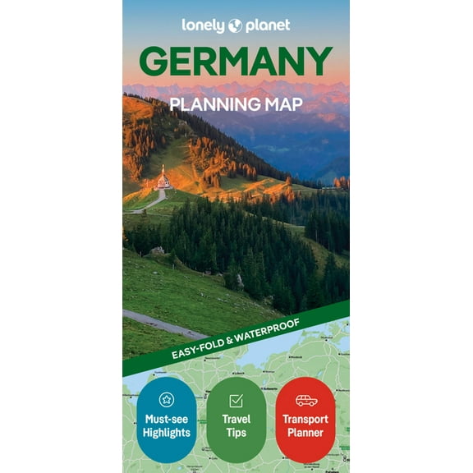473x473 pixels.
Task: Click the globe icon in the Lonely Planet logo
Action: tap(236, 25)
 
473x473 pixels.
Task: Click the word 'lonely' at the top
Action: tap(204, 25)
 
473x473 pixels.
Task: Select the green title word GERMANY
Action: tap(236, 62)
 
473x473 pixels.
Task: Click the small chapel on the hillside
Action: tap(163, 179)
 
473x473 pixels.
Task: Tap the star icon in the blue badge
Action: tap(167, 400)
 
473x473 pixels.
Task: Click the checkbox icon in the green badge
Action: tap(236, 401)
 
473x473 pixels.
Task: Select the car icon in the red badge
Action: tap(305, 401)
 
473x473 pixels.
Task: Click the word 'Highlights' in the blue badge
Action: tap(167, 433)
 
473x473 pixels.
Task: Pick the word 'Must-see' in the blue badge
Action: tap(167, 419)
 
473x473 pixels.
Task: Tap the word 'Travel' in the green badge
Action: tap(236, 419)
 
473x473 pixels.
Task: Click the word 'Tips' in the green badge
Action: tap(236, 433)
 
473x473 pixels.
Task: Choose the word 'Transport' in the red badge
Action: tap(305, 419)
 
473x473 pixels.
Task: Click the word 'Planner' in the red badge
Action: tap(305, 433)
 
